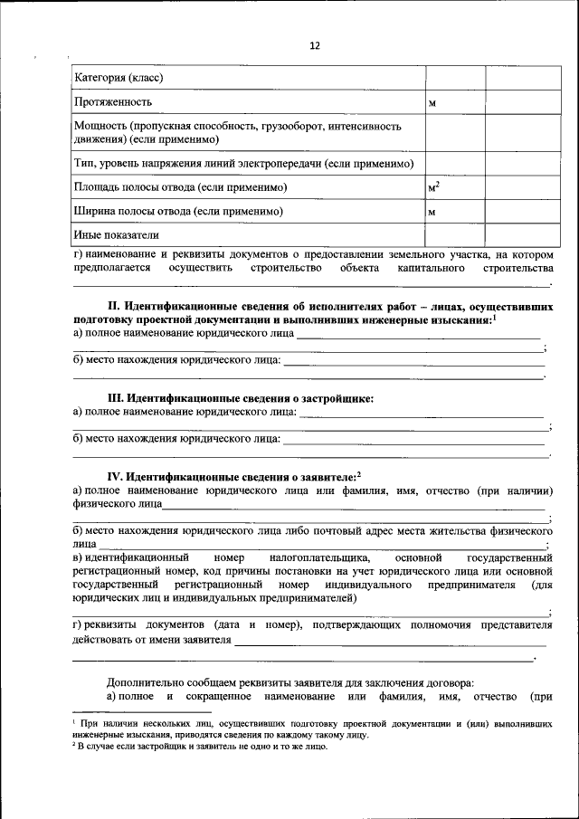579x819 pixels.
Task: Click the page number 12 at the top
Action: (314, 45)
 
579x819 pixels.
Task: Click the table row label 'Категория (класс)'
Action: (119, 78)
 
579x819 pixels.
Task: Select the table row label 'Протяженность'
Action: (113, 101)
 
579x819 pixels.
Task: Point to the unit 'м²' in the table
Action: (433, 187)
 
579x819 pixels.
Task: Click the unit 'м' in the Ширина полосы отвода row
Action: (432, 212)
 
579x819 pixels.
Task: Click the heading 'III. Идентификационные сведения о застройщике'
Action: (240, 397)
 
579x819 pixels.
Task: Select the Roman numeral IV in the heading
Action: (115, 475)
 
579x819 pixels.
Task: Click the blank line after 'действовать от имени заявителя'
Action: (389, 641)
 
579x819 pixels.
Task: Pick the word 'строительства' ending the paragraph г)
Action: (517, 269)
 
